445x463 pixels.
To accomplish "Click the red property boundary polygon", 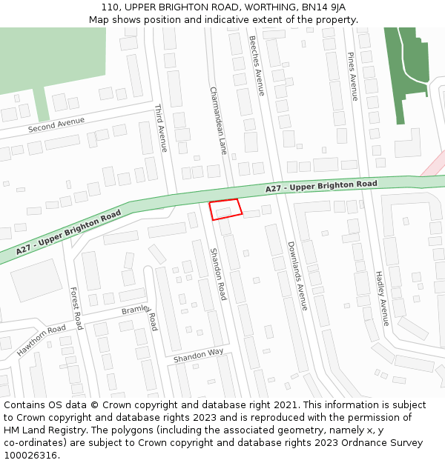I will point(225,210).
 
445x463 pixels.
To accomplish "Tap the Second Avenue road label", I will point(56,127).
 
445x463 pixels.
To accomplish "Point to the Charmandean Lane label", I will point(217,120).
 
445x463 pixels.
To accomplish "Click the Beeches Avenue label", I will point(257,65).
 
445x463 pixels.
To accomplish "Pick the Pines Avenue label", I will point(353,76).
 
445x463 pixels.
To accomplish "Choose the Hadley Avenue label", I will point(382,297).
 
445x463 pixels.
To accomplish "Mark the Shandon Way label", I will point(198,356).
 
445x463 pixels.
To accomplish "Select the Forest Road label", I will point(76,307).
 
